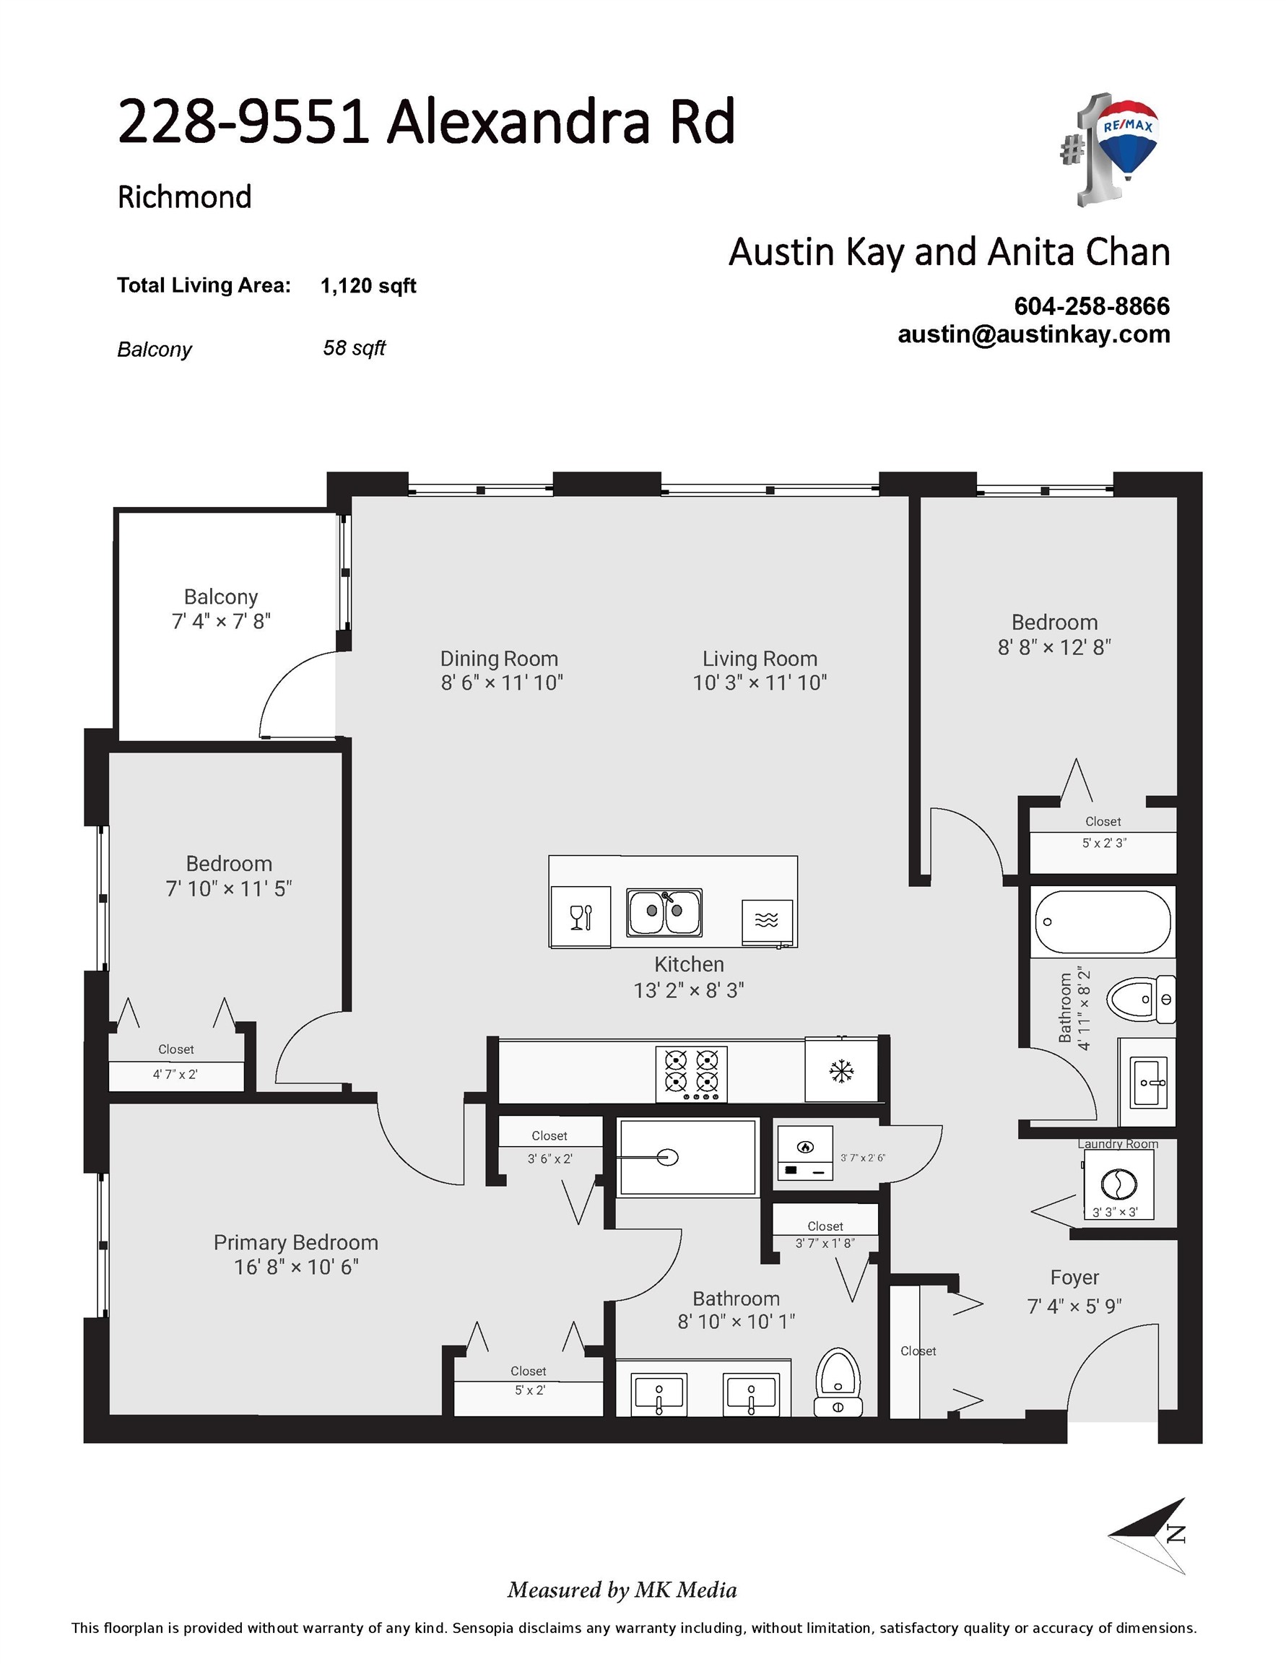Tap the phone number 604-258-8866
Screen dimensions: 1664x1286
(1091, 306)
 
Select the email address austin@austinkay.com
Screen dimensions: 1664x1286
(1033, 334)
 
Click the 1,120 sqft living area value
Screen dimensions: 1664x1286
(368, 286)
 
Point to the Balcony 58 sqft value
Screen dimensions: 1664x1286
(355, 348)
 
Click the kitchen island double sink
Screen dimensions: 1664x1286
(664, 911)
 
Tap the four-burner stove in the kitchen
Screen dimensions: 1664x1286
(691, 1072)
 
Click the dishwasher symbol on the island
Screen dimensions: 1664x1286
(767, 920)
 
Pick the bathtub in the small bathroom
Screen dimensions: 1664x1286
(1102, 922)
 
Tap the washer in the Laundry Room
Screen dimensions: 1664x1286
(1118, 1184)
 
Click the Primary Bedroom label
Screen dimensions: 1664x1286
(295, 1243)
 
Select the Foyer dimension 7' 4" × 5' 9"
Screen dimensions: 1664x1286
(1074, 1306)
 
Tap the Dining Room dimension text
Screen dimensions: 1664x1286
(501, 682)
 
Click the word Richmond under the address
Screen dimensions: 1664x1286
(184, 197)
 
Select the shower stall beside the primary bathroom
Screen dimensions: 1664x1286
(687, 1157)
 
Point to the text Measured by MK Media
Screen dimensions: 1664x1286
(622, 1590)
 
